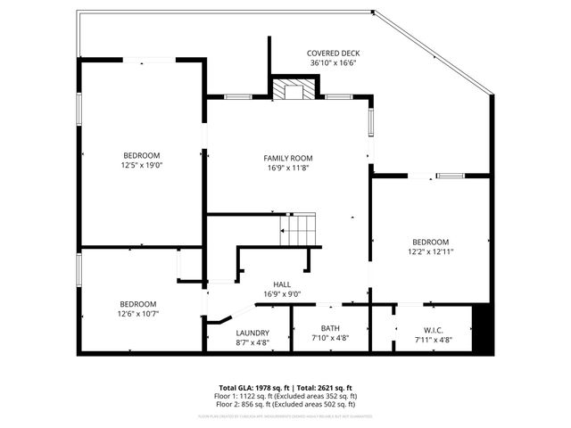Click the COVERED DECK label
coord(333,53)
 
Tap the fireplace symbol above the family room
coord(293,88)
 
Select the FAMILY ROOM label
coord(287,157)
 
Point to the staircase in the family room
coord(300,230)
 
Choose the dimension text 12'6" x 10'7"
coord(138,313)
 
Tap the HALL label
coord(282,284)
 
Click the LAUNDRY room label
coord(252,333)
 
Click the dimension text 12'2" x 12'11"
coord(431,251)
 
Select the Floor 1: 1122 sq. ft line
coord(288,396)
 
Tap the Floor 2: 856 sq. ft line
coord(288,404)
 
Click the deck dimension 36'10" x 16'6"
coord(333,63)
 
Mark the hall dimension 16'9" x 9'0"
coord(282,294)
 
